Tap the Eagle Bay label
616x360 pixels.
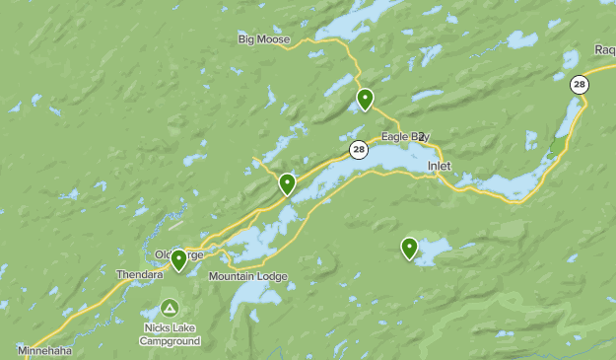[x=405, y=136]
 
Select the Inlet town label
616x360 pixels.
[x=440, y=166]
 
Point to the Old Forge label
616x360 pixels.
[x=178, y=254]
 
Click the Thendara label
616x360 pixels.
[x=138, y=274]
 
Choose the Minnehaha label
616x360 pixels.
[x=44, y=350]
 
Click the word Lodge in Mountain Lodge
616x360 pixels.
[x=271, y=276]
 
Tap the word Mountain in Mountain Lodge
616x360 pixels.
[x=232, y=276]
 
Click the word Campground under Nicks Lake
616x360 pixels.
[x=170, y=341]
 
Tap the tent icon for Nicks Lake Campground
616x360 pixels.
[x=170, y=309]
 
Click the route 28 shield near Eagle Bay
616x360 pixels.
[x=359, y=150]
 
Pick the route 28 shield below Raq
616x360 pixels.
[x=580, y=85]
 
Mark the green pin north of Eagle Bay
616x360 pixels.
[x=365, y=99]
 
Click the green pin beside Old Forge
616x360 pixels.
[x=178, y=259]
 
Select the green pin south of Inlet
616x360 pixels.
[x=409, y=248]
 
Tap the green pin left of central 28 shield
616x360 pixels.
[x=287, y=183]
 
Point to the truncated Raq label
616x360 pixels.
[x=604, y=49]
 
